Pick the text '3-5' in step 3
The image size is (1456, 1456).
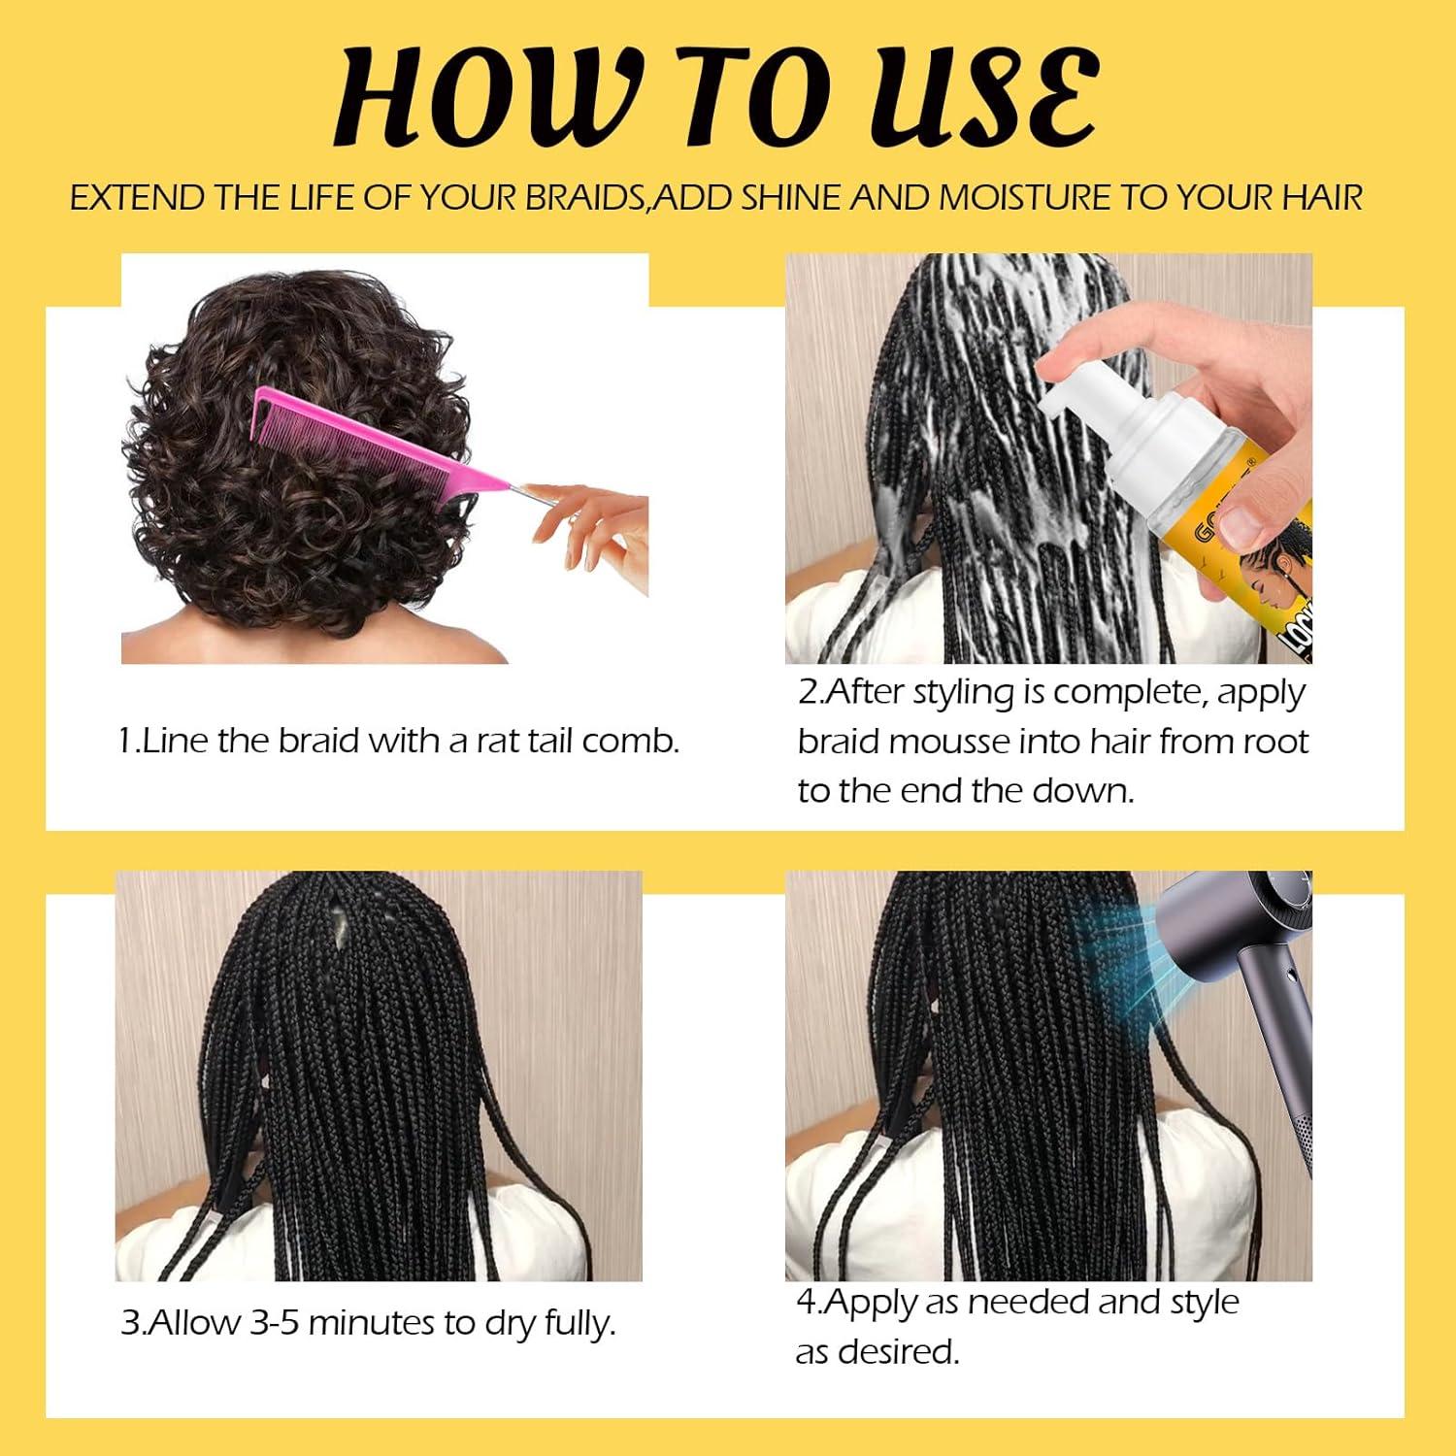tap(274, 1322)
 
